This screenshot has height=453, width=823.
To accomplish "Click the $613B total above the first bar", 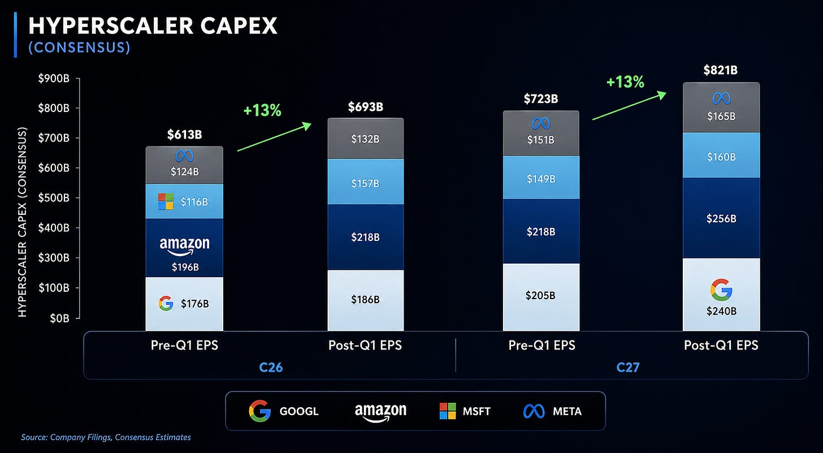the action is (184, 135).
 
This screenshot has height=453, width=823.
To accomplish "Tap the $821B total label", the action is (721, 70).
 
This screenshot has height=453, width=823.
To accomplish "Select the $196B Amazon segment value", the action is (185, 267).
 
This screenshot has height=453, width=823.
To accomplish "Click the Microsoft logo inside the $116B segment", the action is (166, 201).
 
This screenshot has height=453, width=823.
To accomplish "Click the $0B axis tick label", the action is (59, 318).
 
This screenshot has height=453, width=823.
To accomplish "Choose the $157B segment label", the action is (365, 183).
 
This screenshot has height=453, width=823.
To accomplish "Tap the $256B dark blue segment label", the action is (721, 219).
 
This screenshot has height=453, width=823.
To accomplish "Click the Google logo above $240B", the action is (721, 290).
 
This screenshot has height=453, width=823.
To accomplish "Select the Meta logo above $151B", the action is (541, 123).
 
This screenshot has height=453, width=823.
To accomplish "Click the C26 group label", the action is (271, 368).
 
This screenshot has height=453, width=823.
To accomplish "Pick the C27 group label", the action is (628, 368).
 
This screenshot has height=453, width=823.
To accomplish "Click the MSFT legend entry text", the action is (477, 411).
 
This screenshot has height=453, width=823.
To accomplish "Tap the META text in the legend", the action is (568, 411).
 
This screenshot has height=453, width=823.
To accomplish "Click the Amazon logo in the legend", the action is (380, 412).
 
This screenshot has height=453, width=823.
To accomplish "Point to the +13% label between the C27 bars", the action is (625, 81).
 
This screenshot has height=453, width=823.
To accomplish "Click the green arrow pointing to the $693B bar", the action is (274, 137).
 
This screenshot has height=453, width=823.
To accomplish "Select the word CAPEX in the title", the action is (239, 26).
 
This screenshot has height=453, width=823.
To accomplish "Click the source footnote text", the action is (106, 437).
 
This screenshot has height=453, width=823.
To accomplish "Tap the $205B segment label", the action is (540, 295).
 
